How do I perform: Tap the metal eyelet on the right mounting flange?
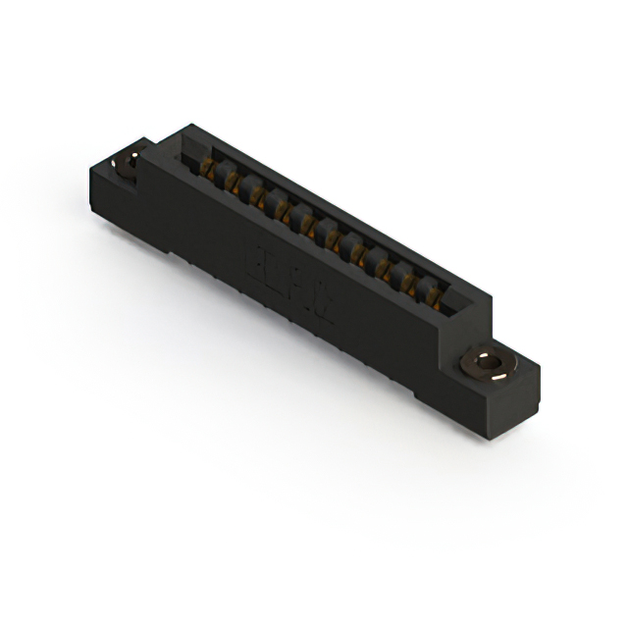486,364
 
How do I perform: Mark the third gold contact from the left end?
258,194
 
